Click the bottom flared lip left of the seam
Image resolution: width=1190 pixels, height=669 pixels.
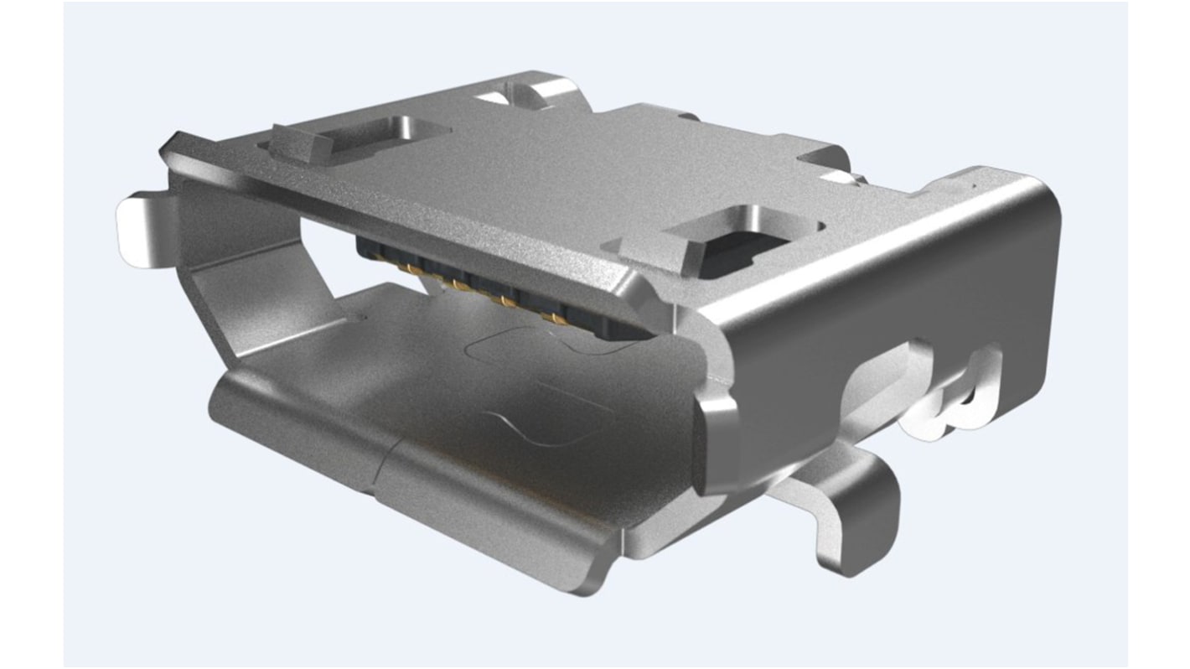tap(285, 419)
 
